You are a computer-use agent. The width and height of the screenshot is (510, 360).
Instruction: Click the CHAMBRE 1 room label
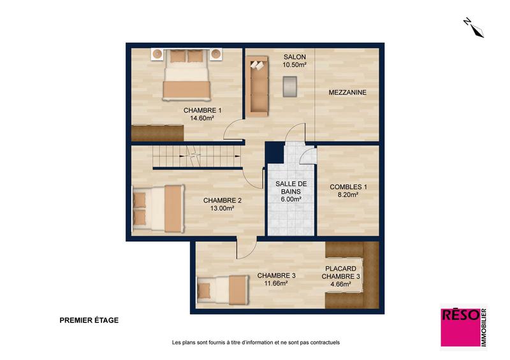(x=203, y=110)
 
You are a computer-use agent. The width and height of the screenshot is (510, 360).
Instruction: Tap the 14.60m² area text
(x=203, y=118)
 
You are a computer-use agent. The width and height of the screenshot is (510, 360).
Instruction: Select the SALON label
(x=295, y=57)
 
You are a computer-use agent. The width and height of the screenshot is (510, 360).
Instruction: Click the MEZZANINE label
(x=347, y=93)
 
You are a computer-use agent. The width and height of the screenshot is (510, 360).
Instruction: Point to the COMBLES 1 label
(x=348, y=187)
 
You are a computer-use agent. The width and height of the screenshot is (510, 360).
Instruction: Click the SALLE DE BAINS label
(x=290, y=187)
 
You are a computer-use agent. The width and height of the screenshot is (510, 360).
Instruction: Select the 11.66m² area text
(x=276, y=284)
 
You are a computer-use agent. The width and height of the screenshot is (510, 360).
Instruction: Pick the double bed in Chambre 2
(x=158, y=209)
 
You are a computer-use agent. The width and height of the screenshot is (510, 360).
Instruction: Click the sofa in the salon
(x=258, y=85)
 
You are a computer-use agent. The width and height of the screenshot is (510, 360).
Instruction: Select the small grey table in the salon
(x=290, y=86)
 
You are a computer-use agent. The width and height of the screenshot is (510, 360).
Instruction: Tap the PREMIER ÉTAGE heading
(x=89, y=321)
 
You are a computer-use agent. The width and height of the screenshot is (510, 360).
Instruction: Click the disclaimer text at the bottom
(x=256, y=342)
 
